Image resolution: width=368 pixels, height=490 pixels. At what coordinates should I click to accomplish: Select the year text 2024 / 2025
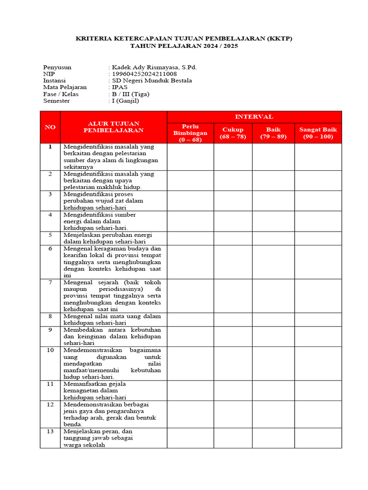coord(215,46)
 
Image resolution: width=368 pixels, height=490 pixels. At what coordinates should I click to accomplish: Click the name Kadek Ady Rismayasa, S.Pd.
coord(154,67)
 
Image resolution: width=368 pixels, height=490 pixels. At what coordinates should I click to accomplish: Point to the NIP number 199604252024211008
coord(144,74)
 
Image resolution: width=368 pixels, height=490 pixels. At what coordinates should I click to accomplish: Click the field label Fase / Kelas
coord(61,94)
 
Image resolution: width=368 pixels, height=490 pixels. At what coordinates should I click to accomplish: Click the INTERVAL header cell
coord(254,117)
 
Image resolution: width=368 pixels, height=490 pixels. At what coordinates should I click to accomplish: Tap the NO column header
coord(50,127)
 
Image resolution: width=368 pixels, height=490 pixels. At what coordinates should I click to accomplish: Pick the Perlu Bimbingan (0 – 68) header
coord(190,133)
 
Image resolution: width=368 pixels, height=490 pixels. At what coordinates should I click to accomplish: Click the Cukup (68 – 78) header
coord(232,133)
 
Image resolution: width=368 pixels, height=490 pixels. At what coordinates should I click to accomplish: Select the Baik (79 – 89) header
coord(273,133)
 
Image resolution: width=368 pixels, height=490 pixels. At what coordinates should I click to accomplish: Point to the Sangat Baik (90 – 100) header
coord(318,133)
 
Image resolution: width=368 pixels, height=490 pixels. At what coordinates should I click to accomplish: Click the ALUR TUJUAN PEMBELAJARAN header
coord(114,127)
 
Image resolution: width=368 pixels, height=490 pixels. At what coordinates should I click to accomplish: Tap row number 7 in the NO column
coord(50,282)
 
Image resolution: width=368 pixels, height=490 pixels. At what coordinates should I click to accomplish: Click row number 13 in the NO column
coord(50,431)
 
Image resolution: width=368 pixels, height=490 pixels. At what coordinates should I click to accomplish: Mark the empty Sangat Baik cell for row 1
coord(318,156)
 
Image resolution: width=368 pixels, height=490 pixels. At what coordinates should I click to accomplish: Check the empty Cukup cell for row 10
coord(232,363)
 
